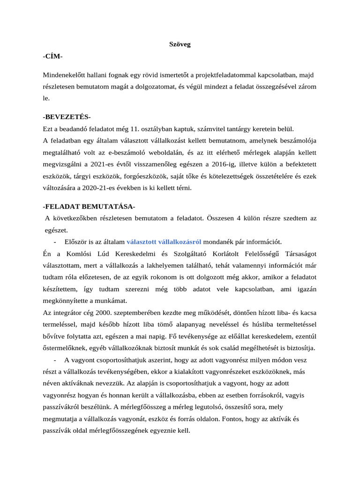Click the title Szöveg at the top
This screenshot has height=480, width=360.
pyautogui.click(x=180, y=45)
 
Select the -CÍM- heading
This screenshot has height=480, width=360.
pyautogui.click(x=52, y=57)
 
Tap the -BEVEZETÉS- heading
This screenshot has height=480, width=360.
pyautogui.click(x=67, y=117)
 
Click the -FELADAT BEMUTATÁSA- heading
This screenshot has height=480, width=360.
pyautogui.click(x=89, y=207)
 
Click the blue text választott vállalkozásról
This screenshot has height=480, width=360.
pyautogui.click(x=164, y=242)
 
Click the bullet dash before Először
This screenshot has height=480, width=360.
pyautogui.click(x=56, y=242)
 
